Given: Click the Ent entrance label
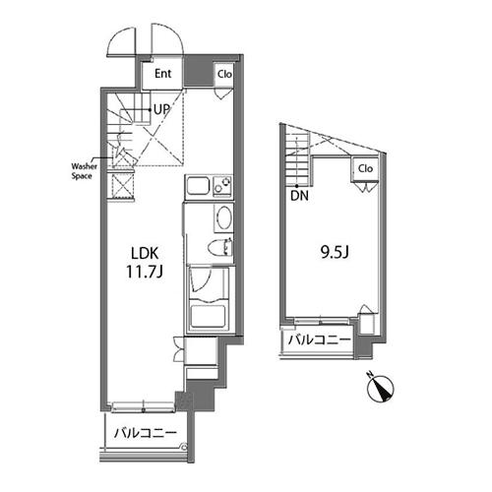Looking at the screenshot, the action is (x=163, y=74).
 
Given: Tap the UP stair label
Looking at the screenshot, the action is (x=161, y=109).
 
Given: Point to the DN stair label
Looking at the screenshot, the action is (x=299, y=196).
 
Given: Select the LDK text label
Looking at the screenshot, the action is (x=145, y=253).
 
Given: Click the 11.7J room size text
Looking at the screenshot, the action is (x=145, y=272).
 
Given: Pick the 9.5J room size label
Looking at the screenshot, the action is (x=335, y=252).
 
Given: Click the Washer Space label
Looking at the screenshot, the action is (x=85, y=171).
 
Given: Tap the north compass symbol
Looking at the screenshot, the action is (x=381, y=388).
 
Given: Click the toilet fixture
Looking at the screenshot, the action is (x=220, y=247).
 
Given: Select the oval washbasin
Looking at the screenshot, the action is (x=223, y=217).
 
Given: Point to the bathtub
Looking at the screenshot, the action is (x=208, y=316).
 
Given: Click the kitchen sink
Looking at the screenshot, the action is (x=198, y=186).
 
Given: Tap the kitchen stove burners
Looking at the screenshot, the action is (x=222, y=186).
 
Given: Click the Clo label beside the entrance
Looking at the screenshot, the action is (x=224, y=74).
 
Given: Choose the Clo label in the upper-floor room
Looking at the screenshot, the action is (x=365, y=168).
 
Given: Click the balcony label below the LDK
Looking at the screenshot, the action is (x=146, y=433).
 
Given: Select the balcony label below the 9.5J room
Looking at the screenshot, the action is (x=320, y=340).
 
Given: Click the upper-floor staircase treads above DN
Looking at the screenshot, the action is (x=297, y=158).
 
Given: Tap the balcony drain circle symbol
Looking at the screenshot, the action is (x=184, y=447).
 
